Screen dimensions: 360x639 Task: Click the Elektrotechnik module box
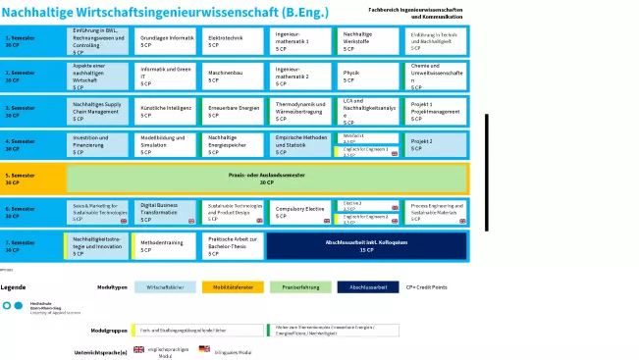click(x=230, y=41)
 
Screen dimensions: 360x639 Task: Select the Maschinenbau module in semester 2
click(x=230, y=75)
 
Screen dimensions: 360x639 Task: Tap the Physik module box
click(x=367, y=75)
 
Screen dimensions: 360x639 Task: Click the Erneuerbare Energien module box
click(x=231, y=110)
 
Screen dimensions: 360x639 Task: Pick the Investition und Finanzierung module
click(x=98, y=144)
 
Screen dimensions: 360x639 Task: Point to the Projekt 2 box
click(x=435, y=144)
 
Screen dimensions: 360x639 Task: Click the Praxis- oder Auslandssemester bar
click(x=266, y=179)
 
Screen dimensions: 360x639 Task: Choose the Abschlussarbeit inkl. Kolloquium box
click(x=366, y=245)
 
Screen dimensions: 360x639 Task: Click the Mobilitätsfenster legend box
click(x=232, y=287)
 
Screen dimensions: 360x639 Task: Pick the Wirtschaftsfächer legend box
click(x=165, y=287)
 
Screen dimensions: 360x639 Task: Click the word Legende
click(x=14, y=286)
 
